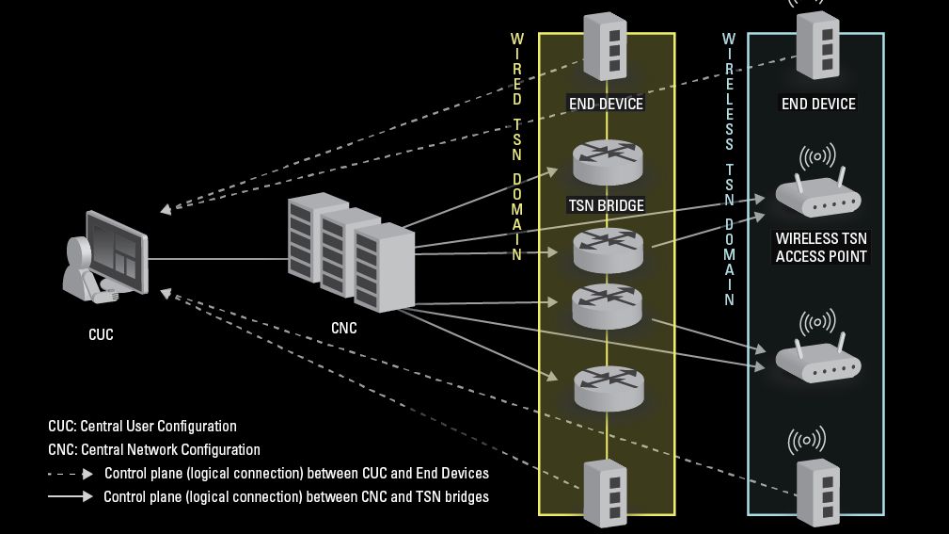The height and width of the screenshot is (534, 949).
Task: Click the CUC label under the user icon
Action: (101, 334)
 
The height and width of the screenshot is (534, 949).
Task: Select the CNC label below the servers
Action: (344, 329)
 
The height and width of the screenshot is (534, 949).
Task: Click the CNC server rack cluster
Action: (350, 251)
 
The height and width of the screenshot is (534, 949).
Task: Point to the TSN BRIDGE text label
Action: (607, 204)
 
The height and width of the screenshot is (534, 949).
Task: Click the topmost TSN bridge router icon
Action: (608, 162)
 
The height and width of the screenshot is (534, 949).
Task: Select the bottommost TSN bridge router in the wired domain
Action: (608, 388)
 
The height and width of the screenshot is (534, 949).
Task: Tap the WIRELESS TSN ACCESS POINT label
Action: (820, 248)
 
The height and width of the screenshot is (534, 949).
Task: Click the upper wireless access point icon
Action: (817, 191)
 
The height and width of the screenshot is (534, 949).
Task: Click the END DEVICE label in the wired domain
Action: (607, 104)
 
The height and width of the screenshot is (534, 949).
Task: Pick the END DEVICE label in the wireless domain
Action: (818, 104)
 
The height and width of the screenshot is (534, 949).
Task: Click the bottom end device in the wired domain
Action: (607, 493)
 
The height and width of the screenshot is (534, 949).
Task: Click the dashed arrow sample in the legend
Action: (71, 473)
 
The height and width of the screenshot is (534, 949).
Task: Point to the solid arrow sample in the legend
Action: (71, 496)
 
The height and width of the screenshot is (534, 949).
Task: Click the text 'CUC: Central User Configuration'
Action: (142, 427)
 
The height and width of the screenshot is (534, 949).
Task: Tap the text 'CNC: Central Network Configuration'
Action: (154, 450)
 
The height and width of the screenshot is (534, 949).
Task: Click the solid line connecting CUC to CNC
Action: (216, 258)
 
